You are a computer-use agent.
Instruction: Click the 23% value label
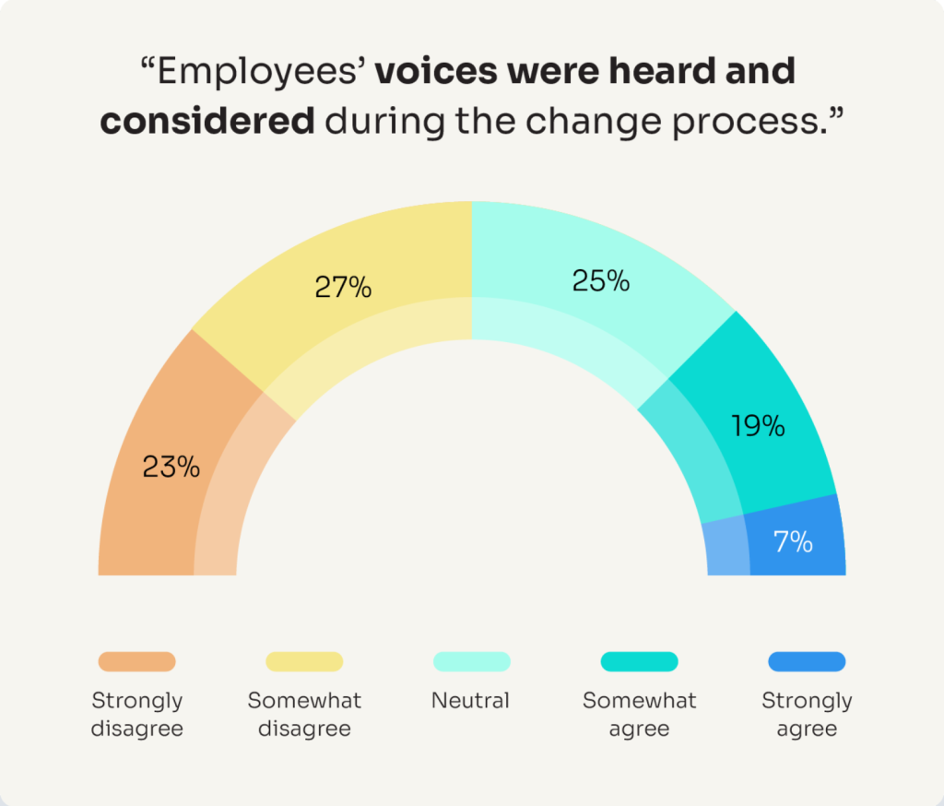coord(171,467)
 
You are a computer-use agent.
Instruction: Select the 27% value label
coord(343,287)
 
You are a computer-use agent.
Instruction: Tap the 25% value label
coord(601,280)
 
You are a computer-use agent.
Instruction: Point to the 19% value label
coord(758,426)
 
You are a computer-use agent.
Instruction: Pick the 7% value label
coord(793,541)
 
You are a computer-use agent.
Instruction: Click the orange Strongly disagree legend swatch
coord(136,661)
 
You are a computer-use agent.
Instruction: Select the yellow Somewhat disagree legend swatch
coord(304,661)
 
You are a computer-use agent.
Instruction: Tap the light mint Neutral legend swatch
coord(471,661)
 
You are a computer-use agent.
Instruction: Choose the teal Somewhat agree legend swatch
coord(639,661)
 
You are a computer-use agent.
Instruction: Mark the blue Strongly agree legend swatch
coord(807,661)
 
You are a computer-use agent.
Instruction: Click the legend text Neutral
coord(470,701)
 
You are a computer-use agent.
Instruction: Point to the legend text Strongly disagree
coord(136,715)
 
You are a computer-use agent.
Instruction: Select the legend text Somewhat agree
coord(639,715)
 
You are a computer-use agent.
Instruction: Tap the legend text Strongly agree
coord(807,715)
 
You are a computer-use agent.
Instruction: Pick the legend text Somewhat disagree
coord(304,715)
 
